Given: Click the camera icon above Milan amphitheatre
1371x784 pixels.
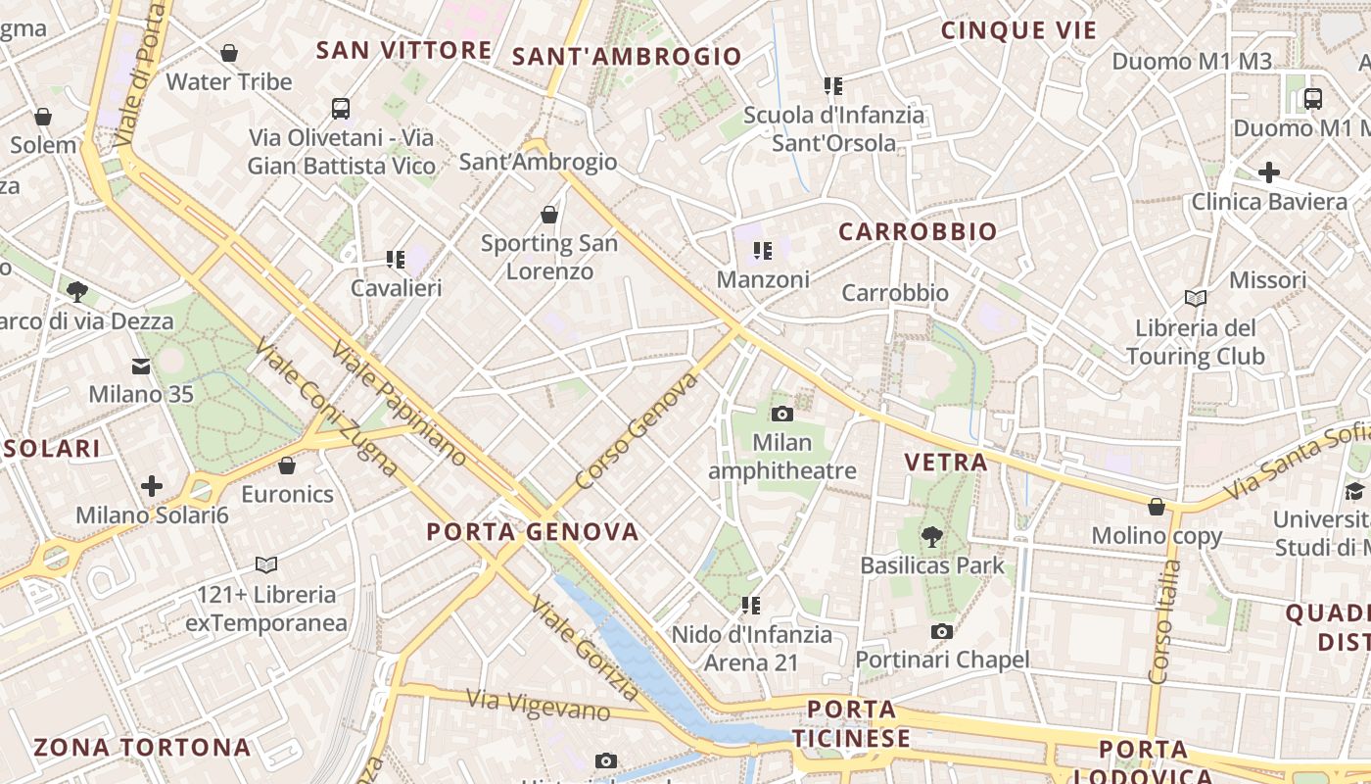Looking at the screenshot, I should (781, 414).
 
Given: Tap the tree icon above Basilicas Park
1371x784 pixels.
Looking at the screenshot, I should (931, 536).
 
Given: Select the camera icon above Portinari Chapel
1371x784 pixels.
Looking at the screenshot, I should (942, 631).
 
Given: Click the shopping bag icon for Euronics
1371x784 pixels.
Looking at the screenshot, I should (287, 465).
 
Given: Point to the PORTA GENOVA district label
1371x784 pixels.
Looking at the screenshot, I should (533, 532).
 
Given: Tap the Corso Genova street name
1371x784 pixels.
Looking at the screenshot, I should (638, 430).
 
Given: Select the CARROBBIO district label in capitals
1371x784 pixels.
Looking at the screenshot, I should (918, 232).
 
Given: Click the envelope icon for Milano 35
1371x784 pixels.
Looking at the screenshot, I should (141, 367).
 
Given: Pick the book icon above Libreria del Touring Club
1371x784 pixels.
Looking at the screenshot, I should (1195, 298).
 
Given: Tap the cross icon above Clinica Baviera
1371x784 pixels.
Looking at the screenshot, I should (1269, 173).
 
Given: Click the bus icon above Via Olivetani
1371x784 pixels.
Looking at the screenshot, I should (341, 109).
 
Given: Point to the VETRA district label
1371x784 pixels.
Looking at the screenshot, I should (946, 462).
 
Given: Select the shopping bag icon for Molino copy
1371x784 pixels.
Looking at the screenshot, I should (1157, 507).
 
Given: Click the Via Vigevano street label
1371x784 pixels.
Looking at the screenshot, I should (538, 704).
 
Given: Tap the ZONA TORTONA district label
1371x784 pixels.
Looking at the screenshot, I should (142, 747).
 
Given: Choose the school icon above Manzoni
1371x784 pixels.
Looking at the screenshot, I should (763, 252).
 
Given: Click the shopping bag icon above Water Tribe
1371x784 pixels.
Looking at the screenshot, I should (229, 53).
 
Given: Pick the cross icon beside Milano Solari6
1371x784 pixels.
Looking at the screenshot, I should (152, 486).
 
